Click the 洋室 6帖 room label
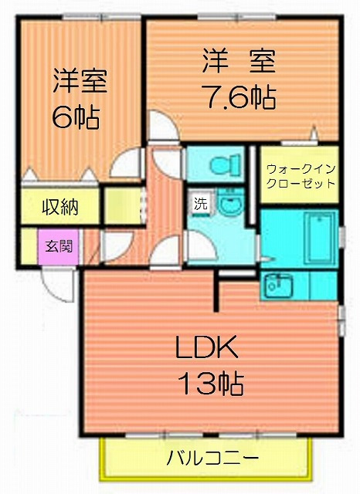[x=79, y=99]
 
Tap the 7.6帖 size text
[x=240, y=97]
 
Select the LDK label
[x=206, y=347]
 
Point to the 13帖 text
[x=211, y=384]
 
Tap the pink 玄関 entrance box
[x=59, y=246]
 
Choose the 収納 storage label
[x=60, y=207]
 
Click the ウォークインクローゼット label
[x=301, y=176]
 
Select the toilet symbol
[x=226, y=164]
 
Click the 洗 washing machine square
[x=201, y=203]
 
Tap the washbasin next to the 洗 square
[x=230, y=202]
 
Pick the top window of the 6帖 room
[x=101, y=16]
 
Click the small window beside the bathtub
[x=342, y=237]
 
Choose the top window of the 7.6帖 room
[x=237, y=16]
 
